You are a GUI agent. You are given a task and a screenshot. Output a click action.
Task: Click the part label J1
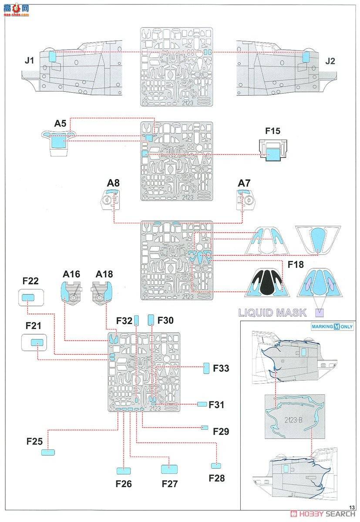click(x=29, y=61)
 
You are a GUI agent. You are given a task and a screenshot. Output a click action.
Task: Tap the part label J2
click(x=330, y=61)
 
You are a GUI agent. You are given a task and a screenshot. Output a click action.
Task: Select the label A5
click(x=61, y=124)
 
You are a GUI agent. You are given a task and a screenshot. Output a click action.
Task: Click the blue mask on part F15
click(x=273, y=154)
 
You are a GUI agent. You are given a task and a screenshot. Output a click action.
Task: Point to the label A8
click(x=113, y=184)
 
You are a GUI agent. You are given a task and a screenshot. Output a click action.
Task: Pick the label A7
click(x=244, y=184)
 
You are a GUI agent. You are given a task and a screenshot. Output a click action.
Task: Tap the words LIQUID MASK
click(x=272, y=312)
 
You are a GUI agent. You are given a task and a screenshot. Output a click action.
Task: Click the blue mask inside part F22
click(x=28, y=298)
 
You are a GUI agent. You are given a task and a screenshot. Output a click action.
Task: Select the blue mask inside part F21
click(x=37, y=343)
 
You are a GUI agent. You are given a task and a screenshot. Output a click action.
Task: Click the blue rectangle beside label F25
click(x=48, y=452)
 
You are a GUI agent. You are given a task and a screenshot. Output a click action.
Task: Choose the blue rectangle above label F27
click(x=169, y=469)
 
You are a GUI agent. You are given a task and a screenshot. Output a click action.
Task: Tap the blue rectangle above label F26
click(x=124, y=470)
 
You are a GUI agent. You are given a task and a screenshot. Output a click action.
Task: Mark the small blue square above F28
click(x=213, y=465)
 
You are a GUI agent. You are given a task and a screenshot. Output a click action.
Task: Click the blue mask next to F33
click(x=207, y=368)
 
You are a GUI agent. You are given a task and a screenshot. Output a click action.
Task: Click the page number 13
click(x=352, y=507)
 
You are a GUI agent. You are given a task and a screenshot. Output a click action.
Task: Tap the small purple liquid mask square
click(x=320, y=312)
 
